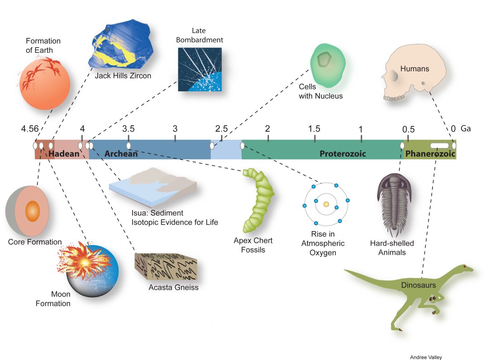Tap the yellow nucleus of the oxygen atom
coord(326,204)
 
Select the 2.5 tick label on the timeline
coord(221,129)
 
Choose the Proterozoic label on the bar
coord(343,154)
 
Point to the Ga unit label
coord(466,129)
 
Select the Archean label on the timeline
coord(121,154)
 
